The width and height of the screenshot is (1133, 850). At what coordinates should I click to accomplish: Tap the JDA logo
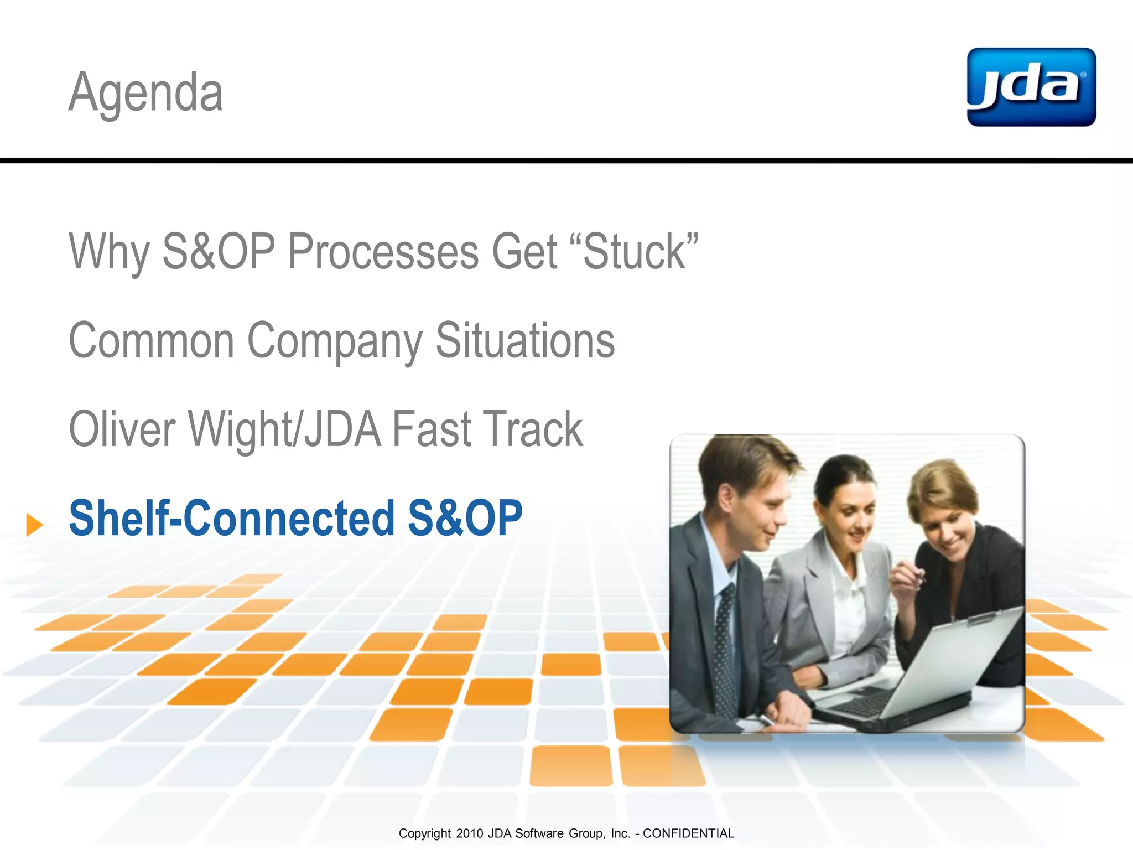(1031, 87)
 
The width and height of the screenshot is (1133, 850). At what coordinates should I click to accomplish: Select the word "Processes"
(383, 252)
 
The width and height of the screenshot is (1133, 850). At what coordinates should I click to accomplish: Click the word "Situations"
(525, 341)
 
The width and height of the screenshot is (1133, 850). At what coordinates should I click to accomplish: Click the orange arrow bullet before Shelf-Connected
(34, 524)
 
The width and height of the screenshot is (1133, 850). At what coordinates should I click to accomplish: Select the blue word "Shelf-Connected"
(231, 519)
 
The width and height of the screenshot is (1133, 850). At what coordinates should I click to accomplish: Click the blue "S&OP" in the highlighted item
(465, 519)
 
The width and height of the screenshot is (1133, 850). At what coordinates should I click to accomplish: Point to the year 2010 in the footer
(470, 833)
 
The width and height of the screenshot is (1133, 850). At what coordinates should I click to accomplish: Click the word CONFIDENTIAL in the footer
(688, 833)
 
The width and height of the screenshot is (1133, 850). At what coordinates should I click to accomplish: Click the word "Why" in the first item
(109, 252)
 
